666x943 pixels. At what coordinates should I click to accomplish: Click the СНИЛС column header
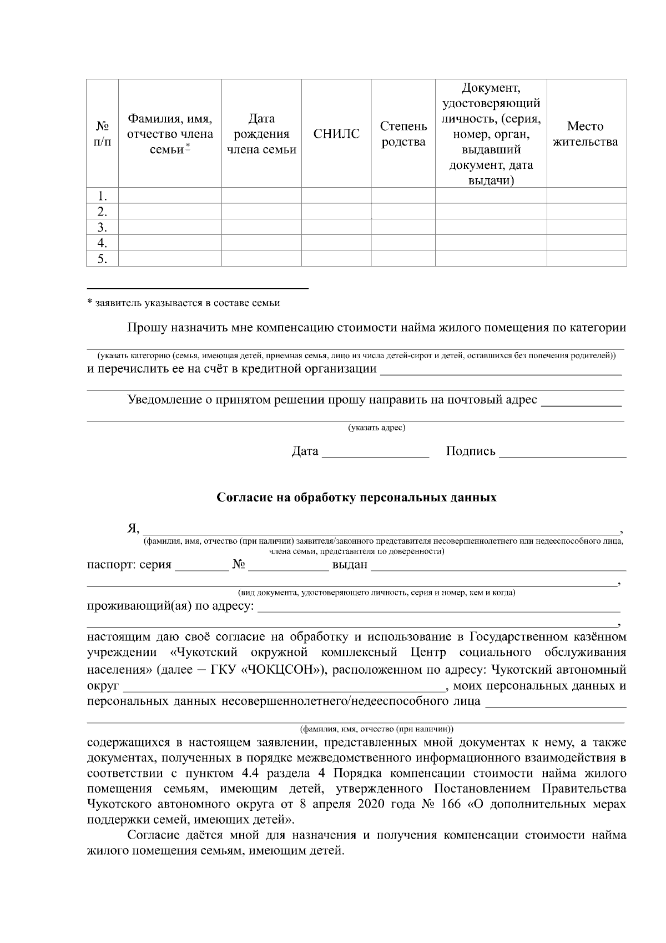(x=336, y=134)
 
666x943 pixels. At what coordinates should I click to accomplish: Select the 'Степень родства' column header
(x=403, y=134)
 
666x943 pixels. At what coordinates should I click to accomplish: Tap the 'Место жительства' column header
(x=586, y=134)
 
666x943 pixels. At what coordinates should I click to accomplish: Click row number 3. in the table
(x=102, y=227)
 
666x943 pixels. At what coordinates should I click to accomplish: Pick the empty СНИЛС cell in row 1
(x=336, y=196)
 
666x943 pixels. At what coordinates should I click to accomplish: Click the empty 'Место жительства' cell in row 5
(x=586, y=259)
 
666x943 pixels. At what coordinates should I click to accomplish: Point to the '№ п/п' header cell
(x=102, y=134)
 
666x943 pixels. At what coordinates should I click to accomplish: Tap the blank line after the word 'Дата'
(x=375, y=453)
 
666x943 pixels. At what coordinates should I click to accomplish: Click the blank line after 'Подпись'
(x=562, y=453)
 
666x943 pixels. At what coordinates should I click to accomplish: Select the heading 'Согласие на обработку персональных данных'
(x=356, y=498)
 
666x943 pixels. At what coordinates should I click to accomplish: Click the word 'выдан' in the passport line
(x=350, y=565)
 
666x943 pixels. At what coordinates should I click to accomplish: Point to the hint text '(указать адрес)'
(x=376, y=428)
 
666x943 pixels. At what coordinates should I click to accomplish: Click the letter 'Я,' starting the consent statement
(x=133, y=527)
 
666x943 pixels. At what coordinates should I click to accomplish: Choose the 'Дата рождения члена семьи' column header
(x=261, y=134)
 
